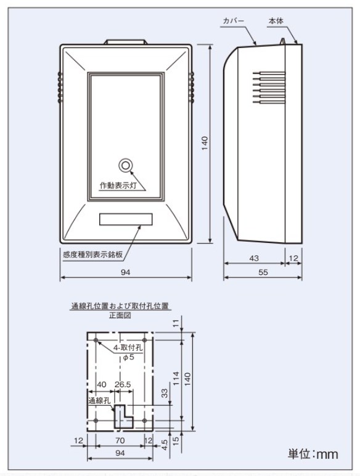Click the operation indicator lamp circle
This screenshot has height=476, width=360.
125,166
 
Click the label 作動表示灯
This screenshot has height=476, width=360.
118,185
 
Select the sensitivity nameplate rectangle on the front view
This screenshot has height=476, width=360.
126,219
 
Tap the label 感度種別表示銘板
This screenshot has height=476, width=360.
92,255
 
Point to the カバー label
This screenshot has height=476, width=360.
234,21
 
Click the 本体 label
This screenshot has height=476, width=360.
276,21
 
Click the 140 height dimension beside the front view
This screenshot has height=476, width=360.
205,143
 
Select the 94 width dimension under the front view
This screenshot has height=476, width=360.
125,273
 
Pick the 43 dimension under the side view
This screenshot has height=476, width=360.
254,258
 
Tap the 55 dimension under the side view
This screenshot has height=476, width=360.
263,273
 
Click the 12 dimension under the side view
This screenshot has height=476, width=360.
293,258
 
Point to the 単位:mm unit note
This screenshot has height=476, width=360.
313,454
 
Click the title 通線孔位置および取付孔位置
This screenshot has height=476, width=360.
120,306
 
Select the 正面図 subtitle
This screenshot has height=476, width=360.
120,316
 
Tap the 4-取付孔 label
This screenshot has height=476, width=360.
128,348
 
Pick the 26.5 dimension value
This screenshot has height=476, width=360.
123,385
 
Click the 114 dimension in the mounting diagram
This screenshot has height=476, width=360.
176,379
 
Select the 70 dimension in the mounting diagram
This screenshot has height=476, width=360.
120,440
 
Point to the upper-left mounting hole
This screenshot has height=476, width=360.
96,340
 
